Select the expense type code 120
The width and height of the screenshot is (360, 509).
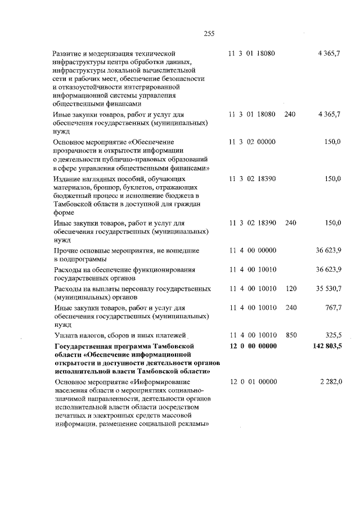tap(290, 289)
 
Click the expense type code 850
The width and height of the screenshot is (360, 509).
tap(290, 335)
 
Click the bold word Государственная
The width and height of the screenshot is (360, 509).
tap(85, 345)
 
